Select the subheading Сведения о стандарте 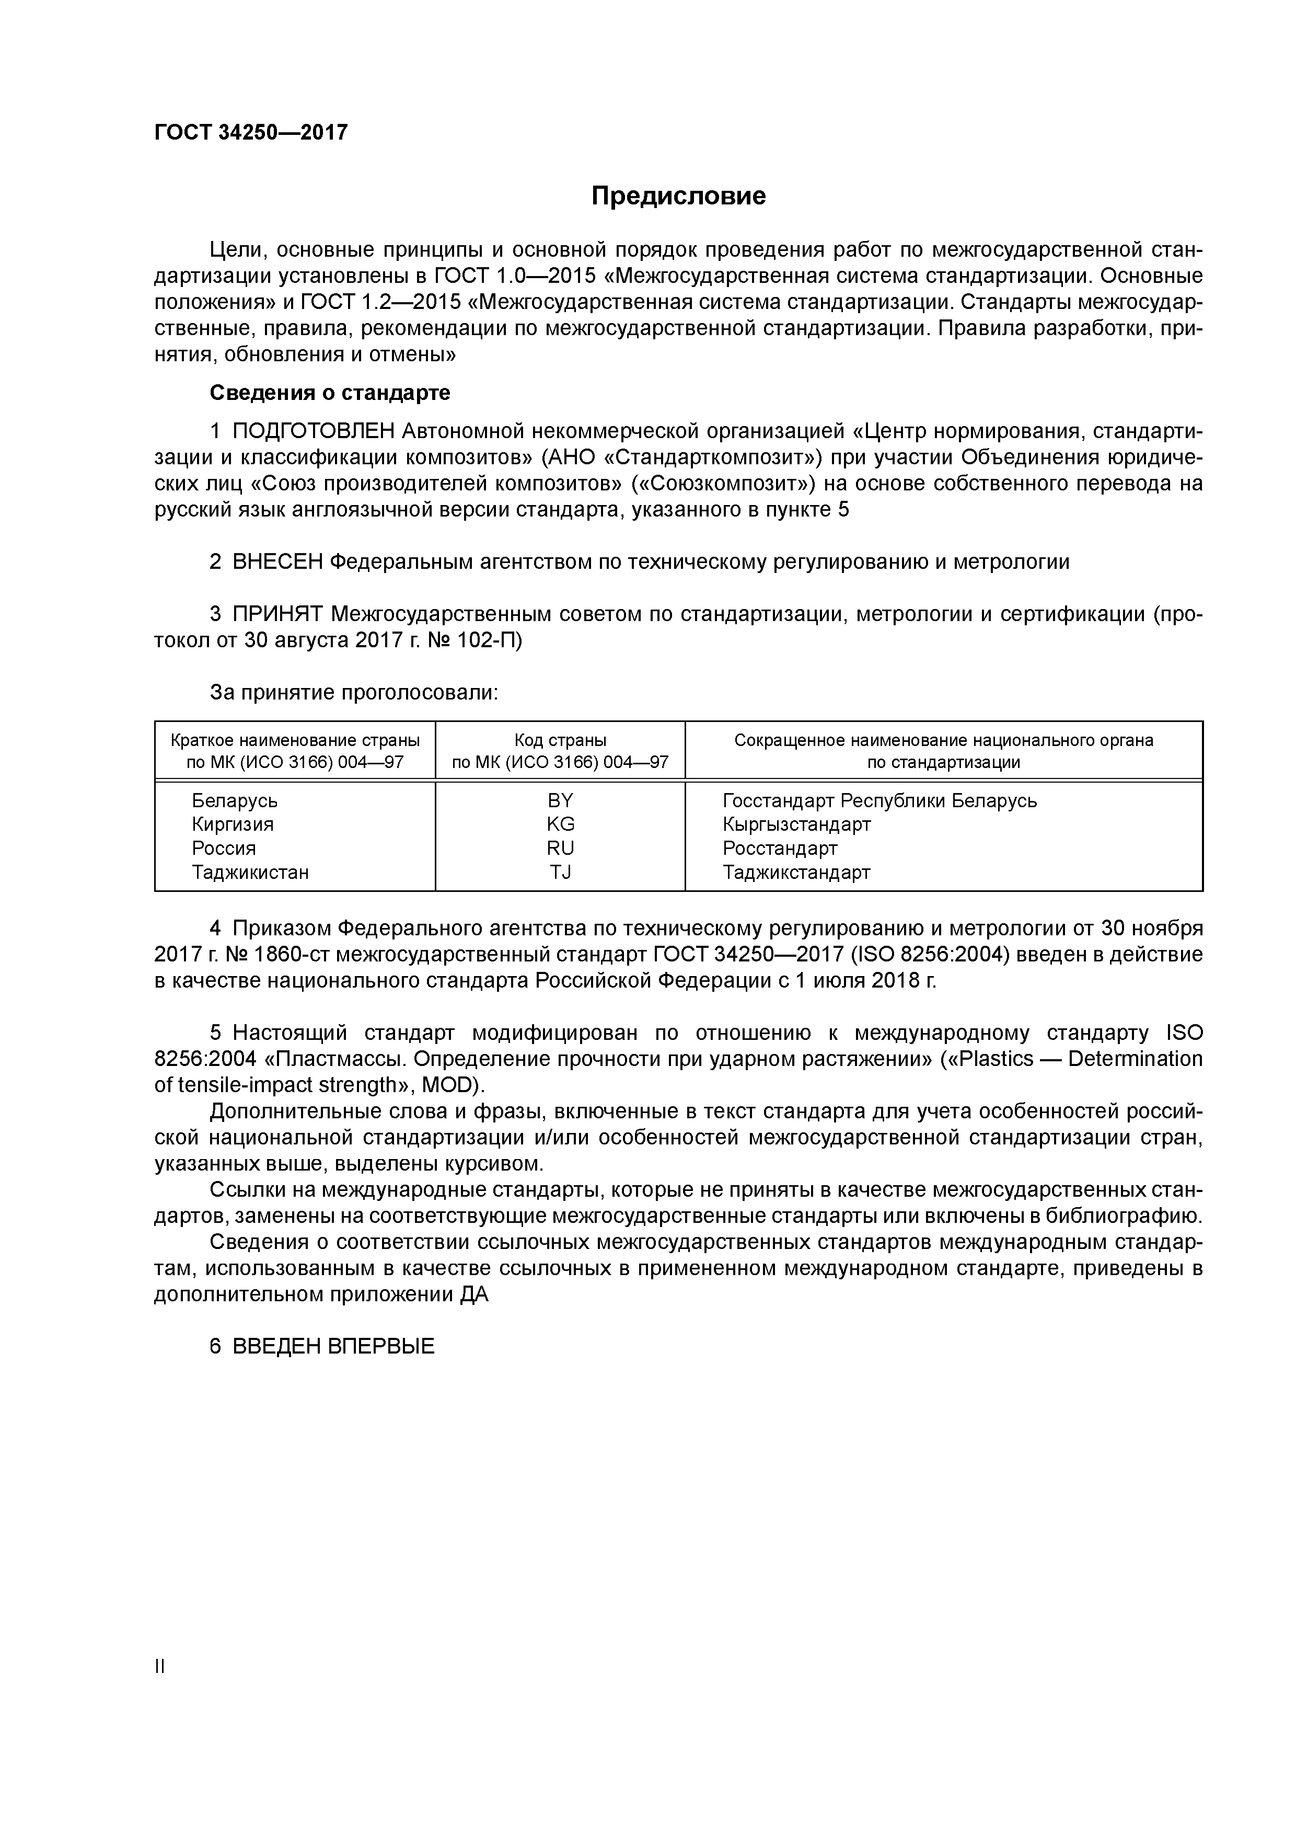pyautogui.click(x=330, y=393)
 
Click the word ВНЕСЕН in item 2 pyautogui.click(x=278, y=563)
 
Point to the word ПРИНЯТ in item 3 pyautogui.click(x=278, y=614)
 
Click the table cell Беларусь pyautogui.click(x=235, y=800)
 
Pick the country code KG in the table pyautogui.click(x=561, y=824)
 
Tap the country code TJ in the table pyautogui.click(x=561, y=872)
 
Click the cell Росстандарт pyautogui.click(x=780, y=849)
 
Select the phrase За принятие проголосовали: pyautogui.click(x=354, y=693)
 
